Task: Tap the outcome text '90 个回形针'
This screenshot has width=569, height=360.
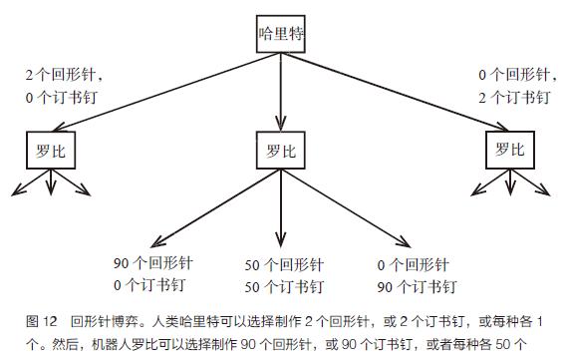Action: (x=151, y=264)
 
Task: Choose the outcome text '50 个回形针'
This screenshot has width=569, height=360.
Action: (x=282, y=265)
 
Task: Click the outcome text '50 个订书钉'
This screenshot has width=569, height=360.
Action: (x=282, y=286)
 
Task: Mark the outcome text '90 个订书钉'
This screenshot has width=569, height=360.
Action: (x=417, y=286)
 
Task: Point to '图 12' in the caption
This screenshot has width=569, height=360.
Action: (x=40, y=321)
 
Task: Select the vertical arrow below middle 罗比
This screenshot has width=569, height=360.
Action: (x=282, y=209)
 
